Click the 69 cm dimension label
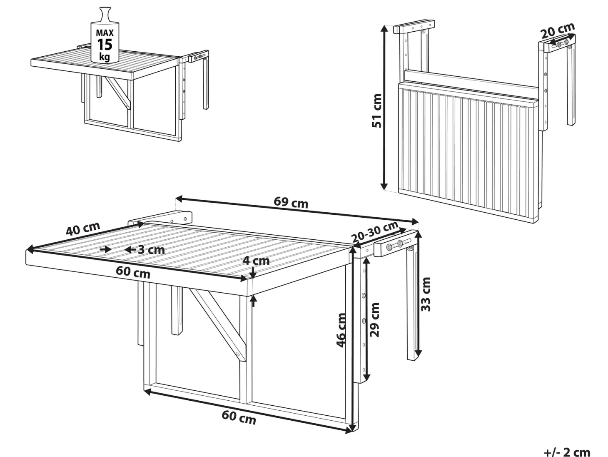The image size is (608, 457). (x=291, y=202)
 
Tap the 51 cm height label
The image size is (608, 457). (x=377, y=110)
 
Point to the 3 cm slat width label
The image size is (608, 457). (x=151, y=250)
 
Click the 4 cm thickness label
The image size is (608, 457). (x=256, y=261)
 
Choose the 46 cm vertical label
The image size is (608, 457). (x=341, y=330)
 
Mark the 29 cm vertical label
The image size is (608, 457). (x=374, y=319)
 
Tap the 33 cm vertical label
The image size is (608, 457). (x=426, y=294)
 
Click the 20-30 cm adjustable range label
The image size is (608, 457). (x=374, y=232)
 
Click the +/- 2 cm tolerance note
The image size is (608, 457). (x=567, y=452)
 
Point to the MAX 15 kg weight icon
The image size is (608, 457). (x=105, y=35)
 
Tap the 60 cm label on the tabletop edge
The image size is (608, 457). (x=133, y=272)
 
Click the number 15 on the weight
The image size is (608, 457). (x=105, y=44)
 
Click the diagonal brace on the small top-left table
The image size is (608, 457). (x=117, y=93)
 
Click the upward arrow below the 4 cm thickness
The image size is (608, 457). (x=253, y=301)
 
